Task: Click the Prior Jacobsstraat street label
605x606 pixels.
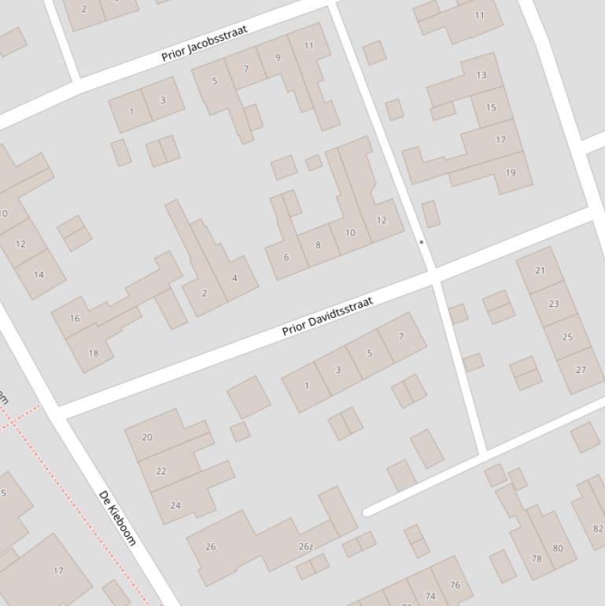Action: coord(204,43)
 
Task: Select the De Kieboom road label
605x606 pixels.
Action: coord(117,518)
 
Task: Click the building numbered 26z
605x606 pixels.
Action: coord(306,546)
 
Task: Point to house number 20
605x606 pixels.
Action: coord(147,437)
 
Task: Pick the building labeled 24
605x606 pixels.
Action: coord(175,505)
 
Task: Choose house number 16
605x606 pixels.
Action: coord(75,319)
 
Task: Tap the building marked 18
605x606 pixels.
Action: coord(94,353)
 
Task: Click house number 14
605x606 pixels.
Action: coord(39,275)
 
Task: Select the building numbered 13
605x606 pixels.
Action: coord(481,75)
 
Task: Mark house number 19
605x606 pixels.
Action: coord(511,172)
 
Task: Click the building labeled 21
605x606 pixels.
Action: coord(540,270)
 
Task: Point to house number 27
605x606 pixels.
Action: coord(581,369)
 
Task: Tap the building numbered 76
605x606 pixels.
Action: coord(455,585)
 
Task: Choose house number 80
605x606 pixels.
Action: coord(558,549)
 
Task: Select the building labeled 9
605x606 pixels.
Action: coord(278,57)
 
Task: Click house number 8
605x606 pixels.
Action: coord(318,245)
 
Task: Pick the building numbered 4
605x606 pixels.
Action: coord(234,278)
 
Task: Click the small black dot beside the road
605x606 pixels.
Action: coord(421,242)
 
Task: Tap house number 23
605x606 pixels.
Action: coord(554,303)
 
